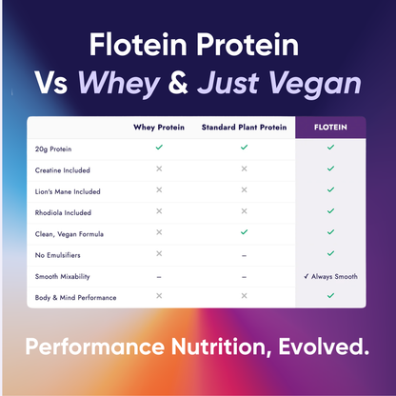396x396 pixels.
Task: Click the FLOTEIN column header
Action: coord(330,127)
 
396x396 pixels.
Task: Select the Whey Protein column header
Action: coord(159,127)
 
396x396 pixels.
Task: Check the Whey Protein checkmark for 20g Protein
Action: coord(159,148)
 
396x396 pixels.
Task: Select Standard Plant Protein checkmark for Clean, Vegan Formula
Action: coord(245,232)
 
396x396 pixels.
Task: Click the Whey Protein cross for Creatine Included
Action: coord(159,168)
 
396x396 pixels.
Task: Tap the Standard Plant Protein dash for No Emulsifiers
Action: coord(245,255)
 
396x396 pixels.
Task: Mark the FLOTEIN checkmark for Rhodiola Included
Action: coord(330,211)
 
